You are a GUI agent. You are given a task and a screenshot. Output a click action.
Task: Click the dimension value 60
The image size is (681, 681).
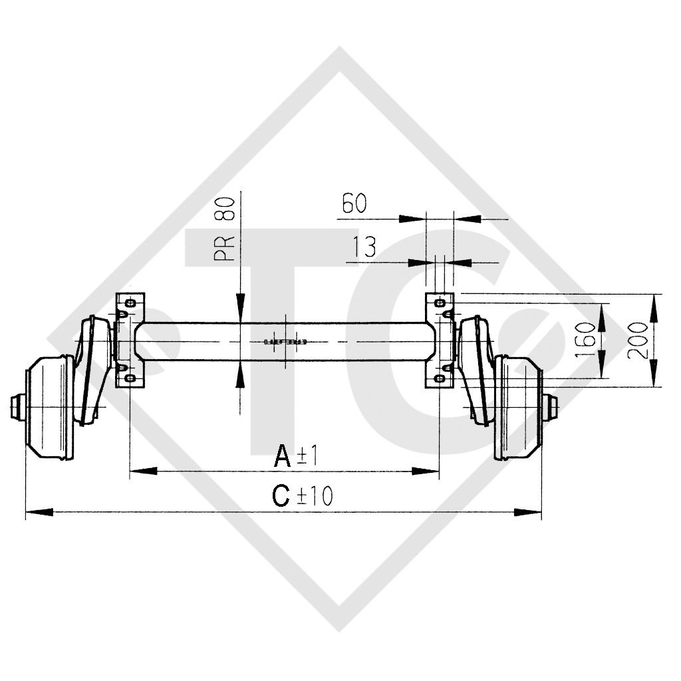tap(354, 204)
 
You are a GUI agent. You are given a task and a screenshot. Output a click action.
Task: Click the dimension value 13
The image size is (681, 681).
tap(363, 247)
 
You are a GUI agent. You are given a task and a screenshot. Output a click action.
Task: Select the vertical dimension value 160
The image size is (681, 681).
tap(586, 339)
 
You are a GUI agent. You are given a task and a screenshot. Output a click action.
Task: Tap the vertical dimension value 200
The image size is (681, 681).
tap(637, 340)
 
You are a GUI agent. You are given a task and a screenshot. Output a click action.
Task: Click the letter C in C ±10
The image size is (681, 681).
tap(282, 496)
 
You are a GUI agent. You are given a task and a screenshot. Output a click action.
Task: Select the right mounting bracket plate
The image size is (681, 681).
tap(440, 340)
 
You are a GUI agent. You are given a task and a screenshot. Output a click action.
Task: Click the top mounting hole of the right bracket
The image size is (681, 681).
tap(440, 303)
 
